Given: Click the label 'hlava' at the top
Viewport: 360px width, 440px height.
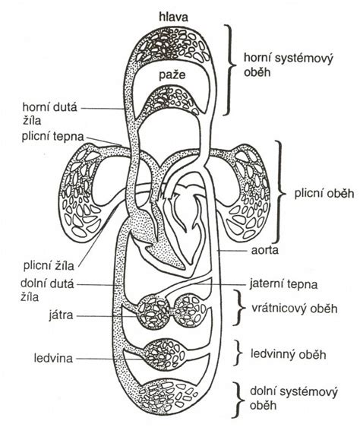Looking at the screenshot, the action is [173, 17].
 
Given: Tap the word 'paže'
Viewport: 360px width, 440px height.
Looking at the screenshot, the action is [172, 75].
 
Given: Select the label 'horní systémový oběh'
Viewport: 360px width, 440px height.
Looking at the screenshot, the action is [288, 65].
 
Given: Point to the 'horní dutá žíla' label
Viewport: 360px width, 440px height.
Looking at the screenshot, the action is [49, 114].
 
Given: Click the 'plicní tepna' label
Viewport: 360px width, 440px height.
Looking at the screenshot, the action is [53, 137].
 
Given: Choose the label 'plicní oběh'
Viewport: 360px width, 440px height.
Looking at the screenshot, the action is [324, 194].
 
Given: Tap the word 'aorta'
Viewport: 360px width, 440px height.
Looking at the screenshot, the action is [264, 250].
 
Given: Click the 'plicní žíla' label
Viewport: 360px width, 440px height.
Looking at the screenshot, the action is [49, 265].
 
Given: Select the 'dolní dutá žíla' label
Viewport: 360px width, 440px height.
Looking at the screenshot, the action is [47, 290].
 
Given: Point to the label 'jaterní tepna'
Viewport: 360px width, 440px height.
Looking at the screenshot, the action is [283, 284].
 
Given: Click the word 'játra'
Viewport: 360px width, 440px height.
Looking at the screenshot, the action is [61, 315].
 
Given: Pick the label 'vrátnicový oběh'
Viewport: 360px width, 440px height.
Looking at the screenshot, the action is [294, 309].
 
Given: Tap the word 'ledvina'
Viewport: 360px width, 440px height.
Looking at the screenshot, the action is [53, 359].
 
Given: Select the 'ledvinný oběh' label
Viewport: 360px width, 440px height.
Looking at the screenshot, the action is [288, 354].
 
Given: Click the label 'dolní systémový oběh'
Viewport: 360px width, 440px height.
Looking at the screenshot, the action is [293, 398].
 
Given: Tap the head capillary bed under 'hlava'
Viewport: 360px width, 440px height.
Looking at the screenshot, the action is [172, 46].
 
